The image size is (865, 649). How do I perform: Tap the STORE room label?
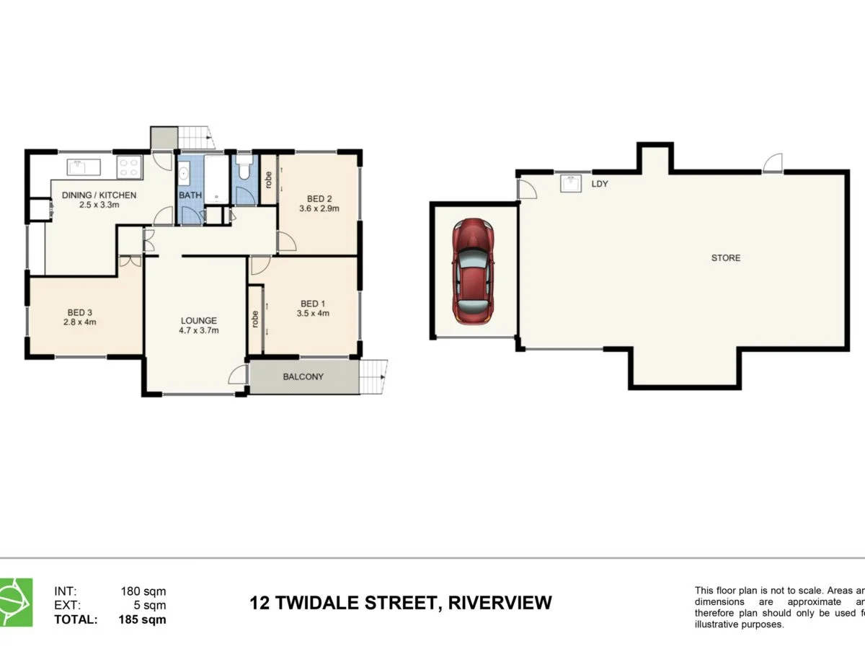tap(725, 257)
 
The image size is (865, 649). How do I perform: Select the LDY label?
tap(600, 184)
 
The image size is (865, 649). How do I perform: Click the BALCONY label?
tap(303, 376)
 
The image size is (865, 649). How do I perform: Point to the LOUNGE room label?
tap(199, 321)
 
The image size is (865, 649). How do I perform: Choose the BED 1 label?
tap(313, 304)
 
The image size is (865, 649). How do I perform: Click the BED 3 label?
tap(80, 312)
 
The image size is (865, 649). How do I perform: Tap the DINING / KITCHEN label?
tap(99, 195)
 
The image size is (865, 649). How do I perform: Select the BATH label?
tap(190, 195)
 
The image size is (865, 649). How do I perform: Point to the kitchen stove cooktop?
tap(129, 167)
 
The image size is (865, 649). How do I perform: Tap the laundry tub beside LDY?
tap(572, 183)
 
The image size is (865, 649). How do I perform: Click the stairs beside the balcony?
tap(372, 376)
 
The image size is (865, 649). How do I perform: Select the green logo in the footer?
tap(16, 602)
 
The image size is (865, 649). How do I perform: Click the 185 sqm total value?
tap(143, 619)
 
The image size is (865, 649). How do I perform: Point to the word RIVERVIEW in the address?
tap(500, 602)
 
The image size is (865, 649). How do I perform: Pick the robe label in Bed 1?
tap(255, 319)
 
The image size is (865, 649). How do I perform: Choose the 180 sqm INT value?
tap(143, 591)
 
